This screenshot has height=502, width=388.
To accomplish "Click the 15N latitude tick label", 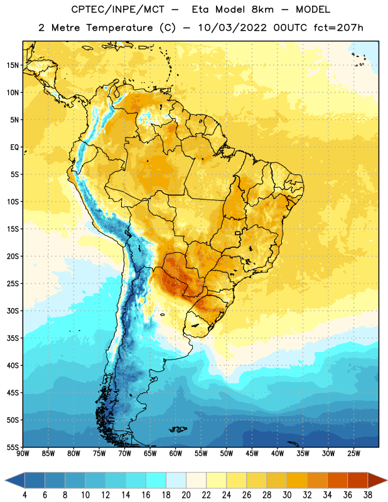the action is click(x=13, y=65).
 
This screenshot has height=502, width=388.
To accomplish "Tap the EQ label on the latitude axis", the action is click(x=14, y=147).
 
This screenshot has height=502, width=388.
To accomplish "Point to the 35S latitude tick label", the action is click(x=13, y=338).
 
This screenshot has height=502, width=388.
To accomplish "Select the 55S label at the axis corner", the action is click(x=13, y=447).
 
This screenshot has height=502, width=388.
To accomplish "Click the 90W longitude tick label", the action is click(x=23, y=453).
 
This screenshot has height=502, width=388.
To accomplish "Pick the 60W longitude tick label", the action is click(x=176, y=453).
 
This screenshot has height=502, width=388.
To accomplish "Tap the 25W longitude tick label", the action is click(x=353, y=453).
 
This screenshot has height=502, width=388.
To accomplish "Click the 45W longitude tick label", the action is click(x=252, y=453).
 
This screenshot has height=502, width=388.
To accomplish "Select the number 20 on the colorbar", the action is click(x=186, y=495).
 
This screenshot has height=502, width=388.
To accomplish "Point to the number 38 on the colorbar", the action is click(x=368, y=495).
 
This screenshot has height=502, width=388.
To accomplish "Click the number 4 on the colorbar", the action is click(x=24, y=495).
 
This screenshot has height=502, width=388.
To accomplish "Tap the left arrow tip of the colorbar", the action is click(x=5, y=480).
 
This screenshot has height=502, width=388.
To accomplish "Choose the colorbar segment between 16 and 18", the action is click(x=156, y=480).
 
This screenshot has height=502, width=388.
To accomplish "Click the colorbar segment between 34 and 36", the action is click(x=338, y=480).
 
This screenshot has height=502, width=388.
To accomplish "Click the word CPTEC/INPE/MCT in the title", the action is click(x=117, y=9).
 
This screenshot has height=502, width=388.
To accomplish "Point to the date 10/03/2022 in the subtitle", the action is click(x=232, y=28).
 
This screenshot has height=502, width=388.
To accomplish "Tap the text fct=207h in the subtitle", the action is click(x=338, y=28).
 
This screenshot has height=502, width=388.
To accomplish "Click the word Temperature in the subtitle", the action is click(x=119, y=28).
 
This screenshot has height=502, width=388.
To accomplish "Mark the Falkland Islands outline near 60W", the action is click(x=178, y=429).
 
